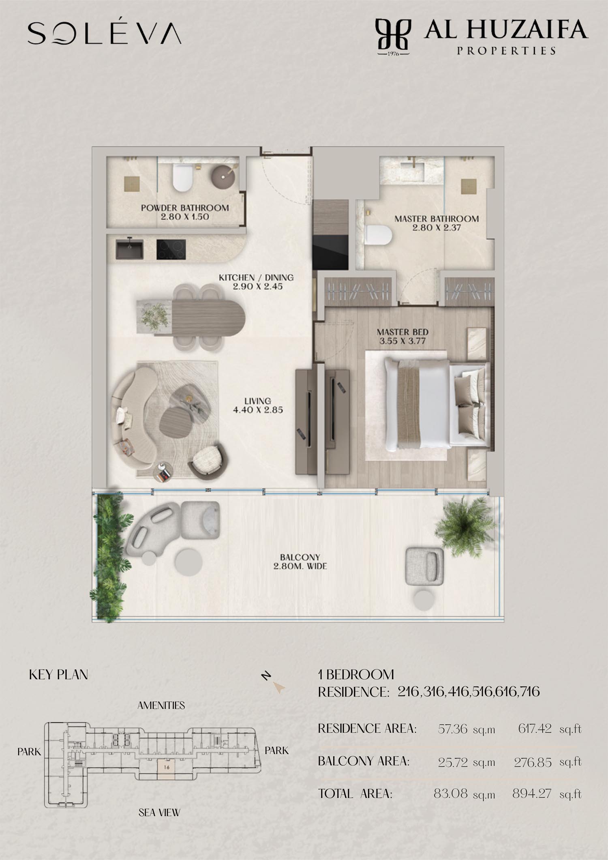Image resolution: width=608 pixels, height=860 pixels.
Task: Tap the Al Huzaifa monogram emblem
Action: pyautogui.click(x=393, y=37)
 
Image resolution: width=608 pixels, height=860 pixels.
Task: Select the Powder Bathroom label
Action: pyautogui.click(x=185, y=212)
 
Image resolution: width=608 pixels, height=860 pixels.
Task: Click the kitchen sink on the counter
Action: pyautogui.click(x=129, y=249)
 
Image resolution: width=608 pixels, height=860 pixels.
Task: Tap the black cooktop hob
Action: pyautogui.click(x=171, y=249)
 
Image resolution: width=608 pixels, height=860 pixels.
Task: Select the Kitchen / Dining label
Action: pyautogui.click(x=256, y=282)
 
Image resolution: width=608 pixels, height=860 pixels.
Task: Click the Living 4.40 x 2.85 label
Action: pyautogui.click(x=258, y=405)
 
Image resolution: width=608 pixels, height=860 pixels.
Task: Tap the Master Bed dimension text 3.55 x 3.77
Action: pyautogui.click(x=402, y=341)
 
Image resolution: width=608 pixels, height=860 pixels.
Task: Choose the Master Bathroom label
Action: pyautogui.click(x=437, y=223)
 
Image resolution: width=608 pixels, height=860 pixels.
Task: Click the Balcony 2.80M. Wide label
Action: pyautogui.click(x=300, y=562)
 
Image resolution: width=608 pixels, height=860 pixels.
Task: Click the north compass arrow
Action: pyautogui.click(x=278, y=687)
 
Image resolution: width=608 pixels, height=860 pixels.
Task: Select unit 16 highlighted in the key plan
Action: pyautogui.click(x=167, y=767)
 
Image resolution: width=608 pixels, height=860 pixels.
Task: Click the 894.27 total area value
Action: pyautogui.click(x=532, y=794)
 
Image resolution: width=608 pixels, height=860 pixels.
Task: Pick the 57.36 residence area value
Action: pyautogui.click(x=452, y=729)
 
